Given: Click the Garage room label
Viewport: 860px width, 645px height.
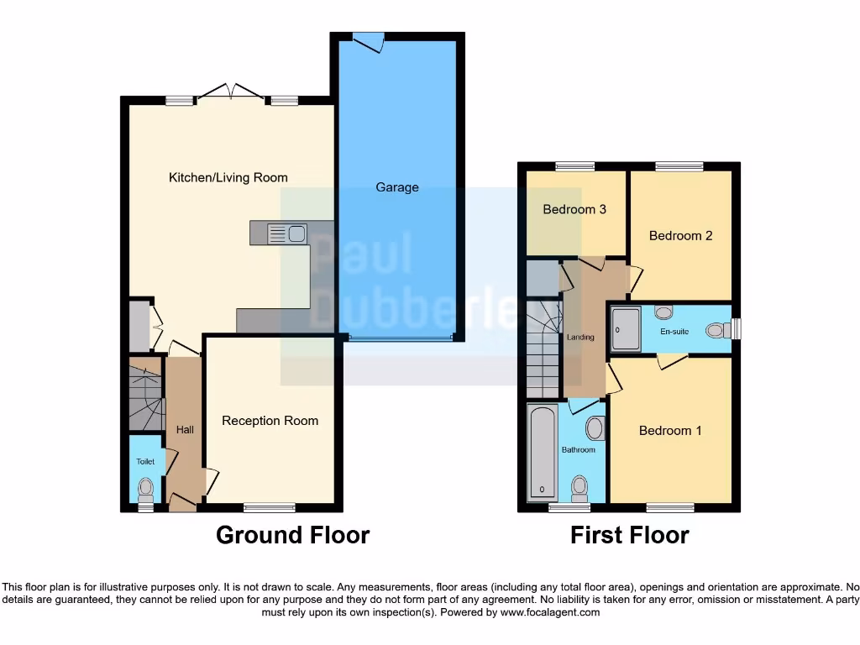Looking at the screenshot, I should tap(396, 187).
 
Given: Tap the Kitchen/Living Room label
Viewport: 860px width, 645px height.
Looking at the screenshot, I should tap(228, 177).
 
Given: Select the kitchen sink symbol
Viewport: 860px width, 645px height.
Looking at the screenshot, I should tap(286, 233).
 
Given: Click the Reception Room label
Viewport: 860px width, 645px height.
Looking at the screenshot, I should tap(270, 421).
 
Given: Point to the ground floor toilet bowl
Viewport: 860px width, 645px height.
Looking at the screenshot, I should tap(146, 486).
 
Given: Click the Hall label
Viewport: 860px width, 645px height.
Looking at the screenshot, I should tap(185, 430).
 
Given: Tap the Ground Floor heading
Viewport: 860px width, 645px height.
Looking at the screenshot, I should tap(292, 535).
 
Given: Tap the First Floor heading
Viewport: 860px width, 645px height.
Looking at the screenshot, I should tap(629, 535).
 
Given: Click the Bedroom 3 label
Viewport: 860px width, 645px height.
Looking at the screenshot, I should tap(574, 209).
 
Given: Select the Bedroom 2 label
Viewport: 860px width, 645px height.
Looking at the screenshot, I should tap(680, 236).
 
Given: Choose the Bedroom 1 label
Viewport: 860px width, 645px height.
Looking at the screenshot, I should tap(670, 431).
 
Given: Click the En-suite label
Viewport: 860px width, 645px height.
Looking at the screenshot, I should tap(674, 332).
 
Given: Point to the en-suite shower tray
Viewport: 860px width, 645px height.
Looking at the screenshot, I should tap(626, 329).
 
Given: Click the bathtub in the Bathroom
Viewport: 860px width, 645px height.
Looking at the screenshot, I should tap(543, 453).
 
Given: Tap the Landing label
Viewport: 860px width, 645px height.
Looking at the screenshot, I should tap(580, 338).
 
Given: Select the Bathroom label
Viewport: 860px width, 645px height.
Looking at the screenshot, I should tap(579, 450).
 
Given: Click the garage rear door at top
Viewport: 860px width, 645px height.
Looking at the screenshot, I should tap(368, 39).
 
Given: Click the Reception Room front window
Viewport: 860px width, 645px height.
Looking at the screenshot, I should tap(270, 506).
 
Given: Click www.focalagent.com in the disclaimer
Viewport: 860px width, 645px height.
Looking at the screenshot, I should tap(550, 613).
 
